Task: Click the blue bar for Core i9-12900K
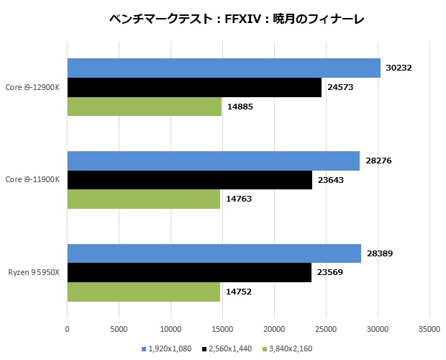click(224, 68)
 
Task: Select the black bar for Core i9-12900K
click(194, 87)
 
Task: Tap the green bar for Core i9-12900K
click(144, 107)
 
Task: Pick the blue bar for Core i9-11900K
click(214, 161)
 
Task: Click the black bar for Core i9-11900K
click(189, 180)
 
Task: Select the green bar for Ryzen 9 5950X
click(144, 292)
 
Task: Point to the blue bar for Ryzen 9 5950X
click(214, 253)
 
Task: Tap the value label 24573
click(341, 87)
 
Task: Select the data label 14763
click(240, 199)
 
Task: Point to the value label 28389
click(381, 253)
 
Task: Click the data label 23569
click(331, 273)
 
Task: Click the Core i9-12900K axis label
click(32, 87)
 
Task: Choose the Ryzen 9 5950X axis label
click(34, 273)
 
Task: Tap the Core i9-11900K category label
click(32, 180)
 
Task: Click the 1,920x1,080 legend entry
click(169, 348)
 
